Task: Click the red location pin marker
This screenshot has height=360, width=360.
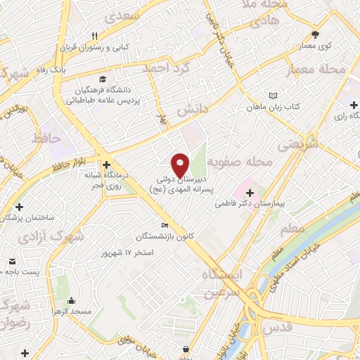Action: [x=181, y=165]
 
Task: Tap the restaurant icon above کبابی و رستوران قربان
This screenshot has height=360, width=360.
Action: [x=94, y=36]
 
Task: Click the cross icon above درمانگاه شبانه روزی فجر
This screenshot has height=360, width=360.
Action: [x=105, y=164]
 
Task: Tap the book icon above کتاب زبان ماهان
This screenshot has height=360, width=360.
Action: [x=273, y=96]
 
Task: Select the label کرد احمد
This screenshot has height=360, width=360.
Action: [x=166, y=69]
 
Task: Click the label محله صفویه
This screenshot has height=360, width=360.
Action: [x=245, y=161]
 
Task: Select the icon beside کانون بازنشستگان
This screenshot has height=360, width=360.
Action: [x=165, y=225]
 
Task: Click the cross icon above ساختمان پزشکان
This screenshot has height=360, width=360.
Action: [x=19, y=207]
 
